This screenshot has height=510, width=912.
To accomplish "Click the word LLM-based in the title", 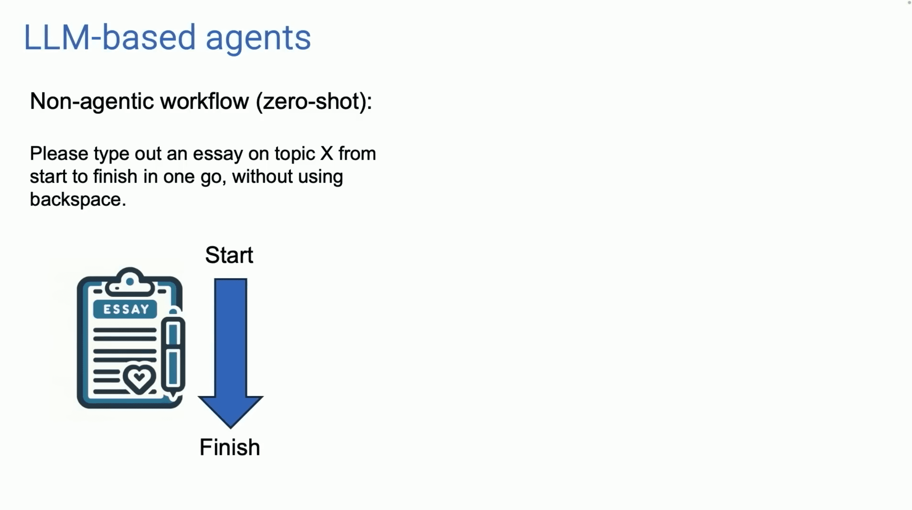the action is pyautogui.click(x=109, y=38).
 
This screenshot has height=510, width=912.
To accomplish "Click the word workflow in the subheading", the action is pyautogui.click(x=205, y=101).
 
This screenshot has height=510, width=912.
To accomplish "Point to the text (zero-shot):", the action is pyautogui.click(x=314, y=101).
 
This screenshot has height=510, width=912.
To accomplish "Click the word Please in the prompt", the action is pyautogui.click(x=59, y=154).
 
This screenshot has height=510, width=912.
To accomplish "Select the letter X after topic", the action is pyautogui.click(x=326, y=154).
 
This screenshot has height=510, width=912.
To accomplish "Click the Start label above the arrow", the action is pyautogui.click(x=229, y=255).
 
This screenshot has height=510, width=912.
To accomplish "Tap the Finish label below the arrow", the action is pyautogui.click(x=230, y=447).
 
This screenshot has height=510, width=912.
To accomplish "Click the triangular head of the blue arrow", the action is pyautogui.click(x=230, y=410).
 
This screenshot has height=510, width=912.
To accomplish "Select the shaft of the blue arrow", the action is pyautogui.click(x=230, y=336).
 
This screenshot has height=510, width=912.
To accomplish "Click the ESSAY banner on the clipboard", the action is pyautogui.click(x=125, y=309).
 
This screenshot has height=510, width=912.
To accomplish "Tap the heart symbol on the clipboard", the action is pyautogui.click(x=139, y=378).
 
